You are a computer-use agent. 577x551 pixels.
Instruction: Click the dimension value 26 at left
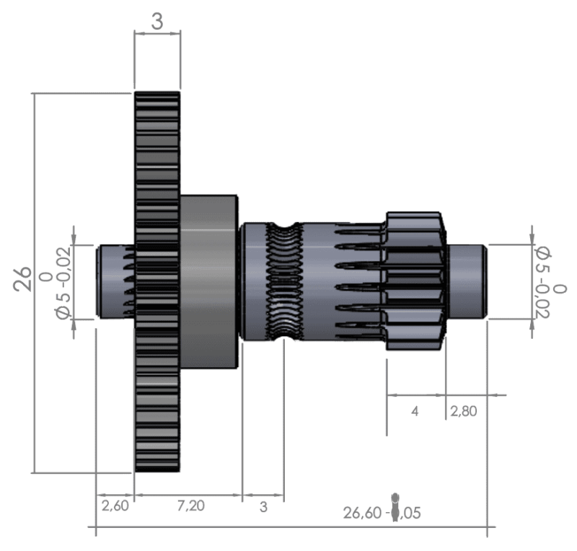(23, 278)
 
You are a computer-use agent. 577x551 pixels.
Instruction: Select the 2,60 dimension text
(115, 506)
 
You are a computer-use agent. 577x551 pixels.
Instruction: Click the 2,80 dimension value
(464, 411)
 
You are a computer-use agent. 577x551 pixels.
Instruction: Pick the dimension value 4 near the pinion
(415, 411)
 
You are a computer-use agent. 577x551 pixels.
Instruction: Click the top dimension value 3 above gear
(157, 22)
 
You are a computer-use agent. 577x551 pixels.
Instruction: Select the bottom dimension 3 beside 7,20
(263, 507)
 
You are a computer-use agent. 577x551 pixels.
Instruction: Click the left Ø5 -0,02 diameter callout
(63, 282)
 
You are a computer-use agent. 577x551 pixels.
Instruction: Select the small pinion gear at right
(415, 281)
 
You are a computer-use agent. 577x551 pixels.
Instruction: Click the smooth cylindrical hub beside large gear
(209, 281)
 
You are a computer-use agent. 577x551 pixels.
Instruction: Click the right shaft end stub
(467, 281)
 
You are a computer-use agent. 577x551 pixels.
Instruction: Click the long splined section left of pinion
(346, 281)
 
